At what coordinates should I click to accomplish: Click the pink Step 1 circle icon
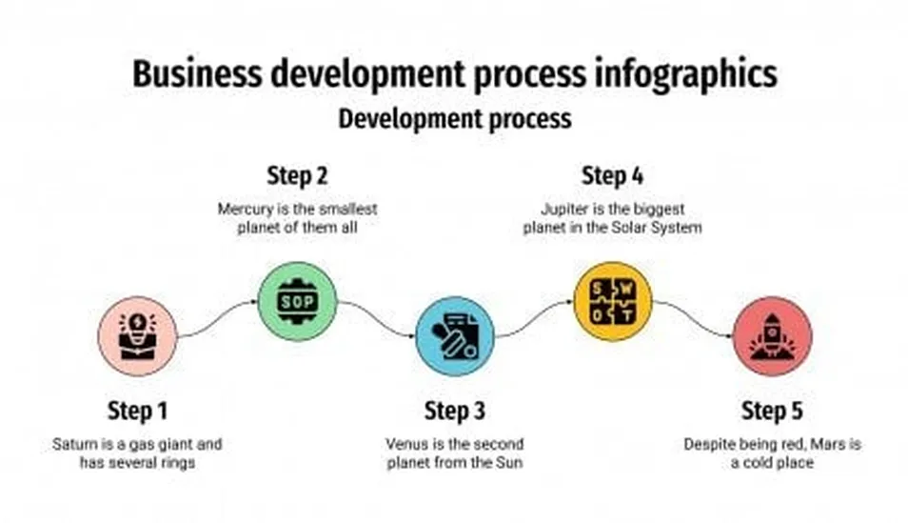138,335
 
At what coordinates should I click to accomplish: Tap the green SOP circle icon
297,301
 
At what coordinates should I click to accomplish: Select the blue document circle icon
455,335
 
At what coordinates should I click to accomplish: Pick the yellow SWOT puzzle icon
613,301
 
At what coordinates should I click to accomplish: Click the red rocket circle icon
772,335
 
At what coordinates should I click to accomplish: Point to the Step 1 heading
138,412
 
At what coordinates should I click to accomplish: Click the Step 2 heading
297,176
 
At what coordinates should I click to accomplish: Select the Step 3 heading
455,412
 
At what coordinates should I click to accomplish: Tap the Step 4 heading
613,176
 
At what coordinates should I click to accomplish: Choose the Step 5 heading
772,412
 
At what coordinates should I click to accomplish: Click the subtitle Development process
455,119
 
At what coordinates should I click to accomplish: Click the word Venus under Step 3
406,444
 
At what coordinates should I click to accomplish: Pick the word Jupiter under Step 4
564,208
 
